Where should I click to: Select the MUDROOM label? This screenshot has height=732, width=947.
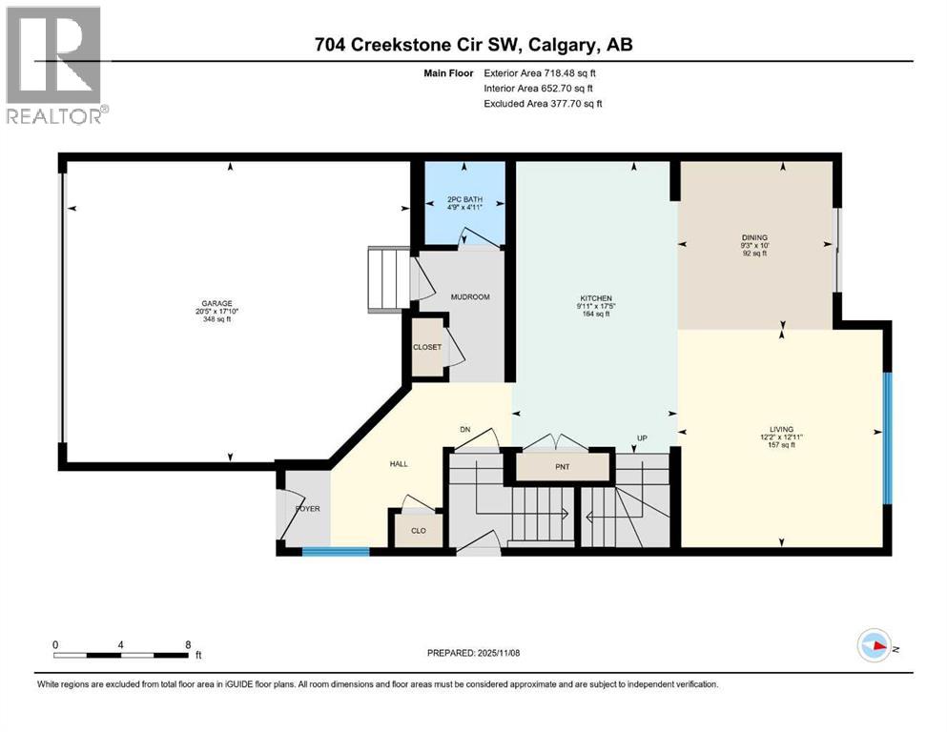click(x=470, y=297)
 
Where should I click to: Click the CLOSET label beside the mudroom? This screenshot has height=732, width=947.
click(x=426, y=347)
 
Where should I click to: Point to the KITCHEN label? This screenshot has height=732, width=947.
click(x=595, y=298)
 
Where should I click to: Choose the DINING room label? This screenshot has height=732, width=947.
click(x=755, y=237)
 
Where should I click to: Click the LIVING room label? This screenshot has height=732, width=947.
click(x=783, y=429)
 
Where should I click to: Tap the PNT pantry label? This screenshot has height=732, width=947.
click(x=562, y=468)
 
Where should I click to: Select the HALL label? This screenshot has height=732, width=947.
click(x=398, y=463)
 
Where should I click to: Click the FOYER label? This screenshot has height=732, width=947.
click(x=307, y=509)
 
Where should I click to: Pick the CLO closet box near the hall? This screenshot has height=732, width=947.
click(x=418, y=529)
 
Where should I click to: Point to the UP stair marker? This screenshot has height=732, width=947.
click(x=643, y=438)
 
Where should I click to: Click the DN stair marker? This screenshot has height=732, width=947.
click(x=465, y=429)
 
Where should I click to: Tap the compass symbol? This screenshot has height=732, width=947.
click(x=874, y=645)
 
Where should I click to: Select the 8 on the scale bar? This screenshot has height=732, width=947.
click(x=187, y=644)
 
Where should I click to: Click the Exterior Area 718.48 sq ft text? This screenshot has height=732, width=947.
click(x=543, y=72)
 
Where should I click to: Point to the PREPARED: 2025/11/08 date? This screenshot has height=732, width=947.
click(x=474, y=653)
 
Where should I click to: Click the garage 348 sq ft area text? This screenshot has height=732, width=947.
click(x=215, y=319)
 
